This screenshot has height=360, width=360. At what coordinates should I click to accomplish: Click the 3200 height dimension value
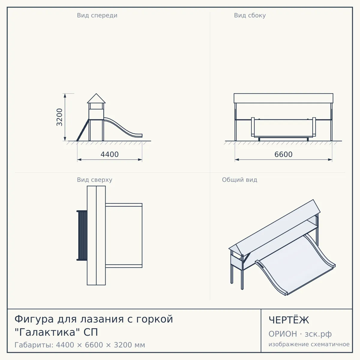(59, 117)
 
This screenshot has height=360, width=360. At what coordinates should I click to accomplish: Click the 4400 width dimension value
(109, 154)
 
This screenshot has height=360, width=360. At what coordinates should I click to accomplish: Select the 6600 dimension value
(283, 154)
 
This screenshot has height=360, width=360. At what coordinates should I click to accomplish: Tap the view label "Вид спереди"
(97, 15)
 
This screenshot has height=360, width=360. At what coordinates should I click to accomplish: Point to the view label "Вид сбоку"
(250, 15)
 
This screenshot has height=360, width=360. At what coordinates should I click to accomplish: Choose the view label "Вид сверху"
(94, 180)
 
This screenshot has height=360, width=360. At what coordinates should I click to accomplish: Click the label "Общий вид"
(239, 180)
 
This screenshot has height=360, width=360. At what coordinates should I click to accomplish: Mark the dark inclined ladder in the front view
(83, 130)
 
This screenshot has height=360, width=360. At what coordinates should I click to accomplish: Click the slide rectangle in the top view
(124, 235)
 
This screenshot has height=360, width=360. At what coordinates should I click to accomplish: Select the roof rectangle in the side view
(283, 98)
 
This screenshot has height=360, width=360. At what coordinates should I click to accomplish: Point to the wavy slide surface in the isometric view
(295, 265)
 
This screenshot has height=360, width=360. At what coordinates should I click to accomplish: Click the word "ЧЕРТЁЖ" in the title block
(289, 320)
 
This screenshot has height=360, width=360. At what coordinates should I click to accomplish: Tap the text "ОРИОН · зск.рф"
(300, 334)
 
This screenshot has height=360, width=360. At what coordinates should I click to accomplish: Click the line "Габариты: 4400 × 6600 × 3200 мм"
(80, 345)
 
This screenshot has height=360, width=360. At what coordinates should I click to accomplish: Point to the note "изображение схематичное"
(309, 344)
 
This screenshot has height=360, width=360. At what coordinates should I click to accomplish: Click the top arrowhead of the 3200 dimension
(65, 95)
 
